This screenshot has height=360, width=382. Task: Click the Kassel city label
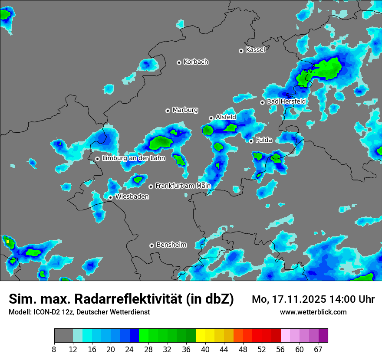tap(255, 50)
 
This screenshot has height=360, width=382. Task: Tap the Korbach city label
tap(196, 62)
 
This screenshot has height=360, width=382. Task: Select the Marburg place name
tap(185, 110)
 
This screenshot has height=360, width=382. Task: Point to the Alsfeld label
tap(226, 117)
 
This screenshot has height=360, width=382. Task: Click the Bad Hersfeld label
tap(286, 101)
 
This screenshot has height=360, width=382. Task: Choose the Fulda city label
tap(264, 140)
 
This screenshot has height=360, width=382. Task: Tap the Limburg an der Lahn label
tap(133, 158)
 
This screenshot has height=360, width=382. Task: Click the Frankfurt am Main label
tap(183, 186)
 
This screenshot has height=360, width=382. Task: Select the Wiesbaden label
tap(132, 197)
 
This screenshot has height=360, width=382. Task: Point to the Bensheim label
tap(171, 245)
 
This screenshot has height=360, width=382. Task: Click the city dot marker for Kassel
tap(241, 51)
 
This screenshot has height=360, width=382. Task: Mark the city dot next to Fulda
tap(251, 141)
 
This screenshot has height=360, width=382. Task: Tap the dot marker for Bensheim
tap(151, 245)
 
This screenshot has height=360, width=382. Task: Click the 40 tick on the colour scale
tap(205, 350)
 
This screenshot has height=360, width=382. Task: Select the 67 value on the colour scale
tap(318, 350)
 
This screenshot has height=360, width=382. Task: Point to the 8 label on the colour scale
tap(54, 350)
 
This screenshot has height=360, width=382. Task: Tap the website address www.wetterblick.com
tap(313, 312)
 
